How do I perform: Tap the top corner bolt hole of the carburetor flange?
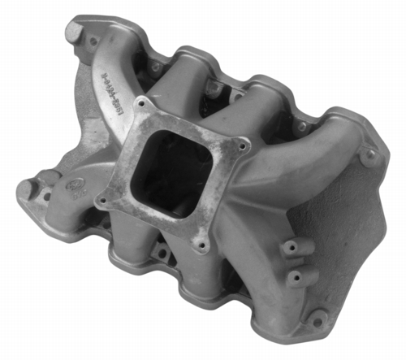click(145, 104)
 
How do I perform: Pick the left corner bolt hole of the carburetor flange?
click(102, 197)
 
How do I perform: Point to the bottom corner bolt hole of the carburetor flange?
click(197, 241)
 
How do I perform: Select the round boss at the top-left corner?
click(76, 33)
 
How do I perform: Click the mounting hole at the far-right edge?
click(372, 154)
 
